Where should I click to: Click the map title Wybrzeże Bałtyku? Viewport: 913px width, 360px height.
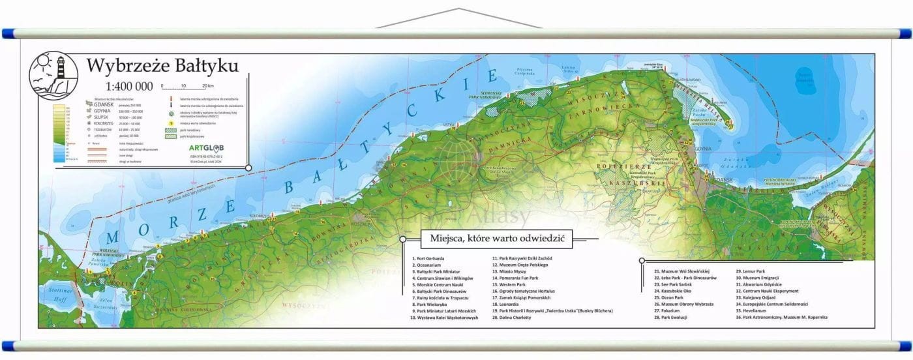[x=162, y=66]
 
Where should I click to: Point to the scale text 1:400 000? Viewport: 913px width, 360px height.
[x=130, y=86]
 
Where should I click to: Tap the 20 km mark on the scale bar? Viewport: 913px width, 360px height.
[x=208, y=85]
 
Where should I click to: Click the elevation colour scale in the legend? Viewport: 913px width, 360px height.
[x=59, y=134]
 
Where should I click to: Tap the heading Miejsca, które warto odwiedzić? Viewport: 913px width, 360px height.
[x=496, y=239]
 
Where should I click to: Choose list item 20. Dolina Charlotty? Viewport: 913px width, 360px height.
[x=512, y=318]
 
